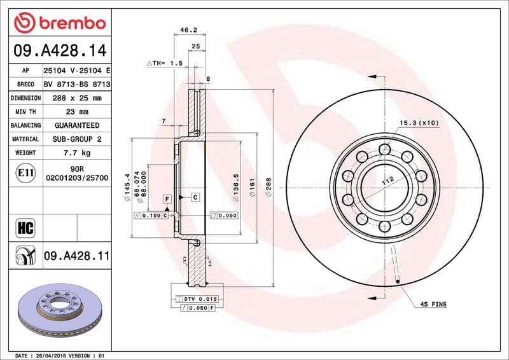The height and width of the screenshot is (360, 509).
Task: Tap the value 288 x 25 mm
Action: click(x=76, y=98)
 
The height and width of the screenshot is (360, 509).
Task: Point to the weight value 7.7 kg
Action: click(x=76, y=153)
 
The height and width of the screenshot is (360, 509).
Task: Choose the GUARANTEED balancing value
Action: click(x=76, y=125)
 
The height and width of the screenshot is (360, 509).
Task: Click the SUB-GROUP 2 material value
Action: click(x=76, y=139)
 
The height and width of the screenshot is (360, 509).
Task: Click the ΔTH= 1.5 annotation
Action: click(x=165, y=64)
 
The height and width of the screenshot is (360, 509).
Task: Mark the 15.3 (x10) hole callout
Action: click(x=419, y=122)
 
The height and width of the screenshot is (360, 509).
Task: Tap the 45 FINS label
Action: click(x=433, y=305)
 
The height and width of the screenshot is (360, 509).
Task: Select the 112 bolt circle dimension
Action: click(x=387, y=181)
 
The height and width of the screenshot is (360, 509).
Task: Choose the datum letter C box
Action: click(x=195, y=198)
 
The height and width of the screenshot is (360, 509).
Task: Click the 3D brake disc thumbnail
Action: click(x=59, y=308)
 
